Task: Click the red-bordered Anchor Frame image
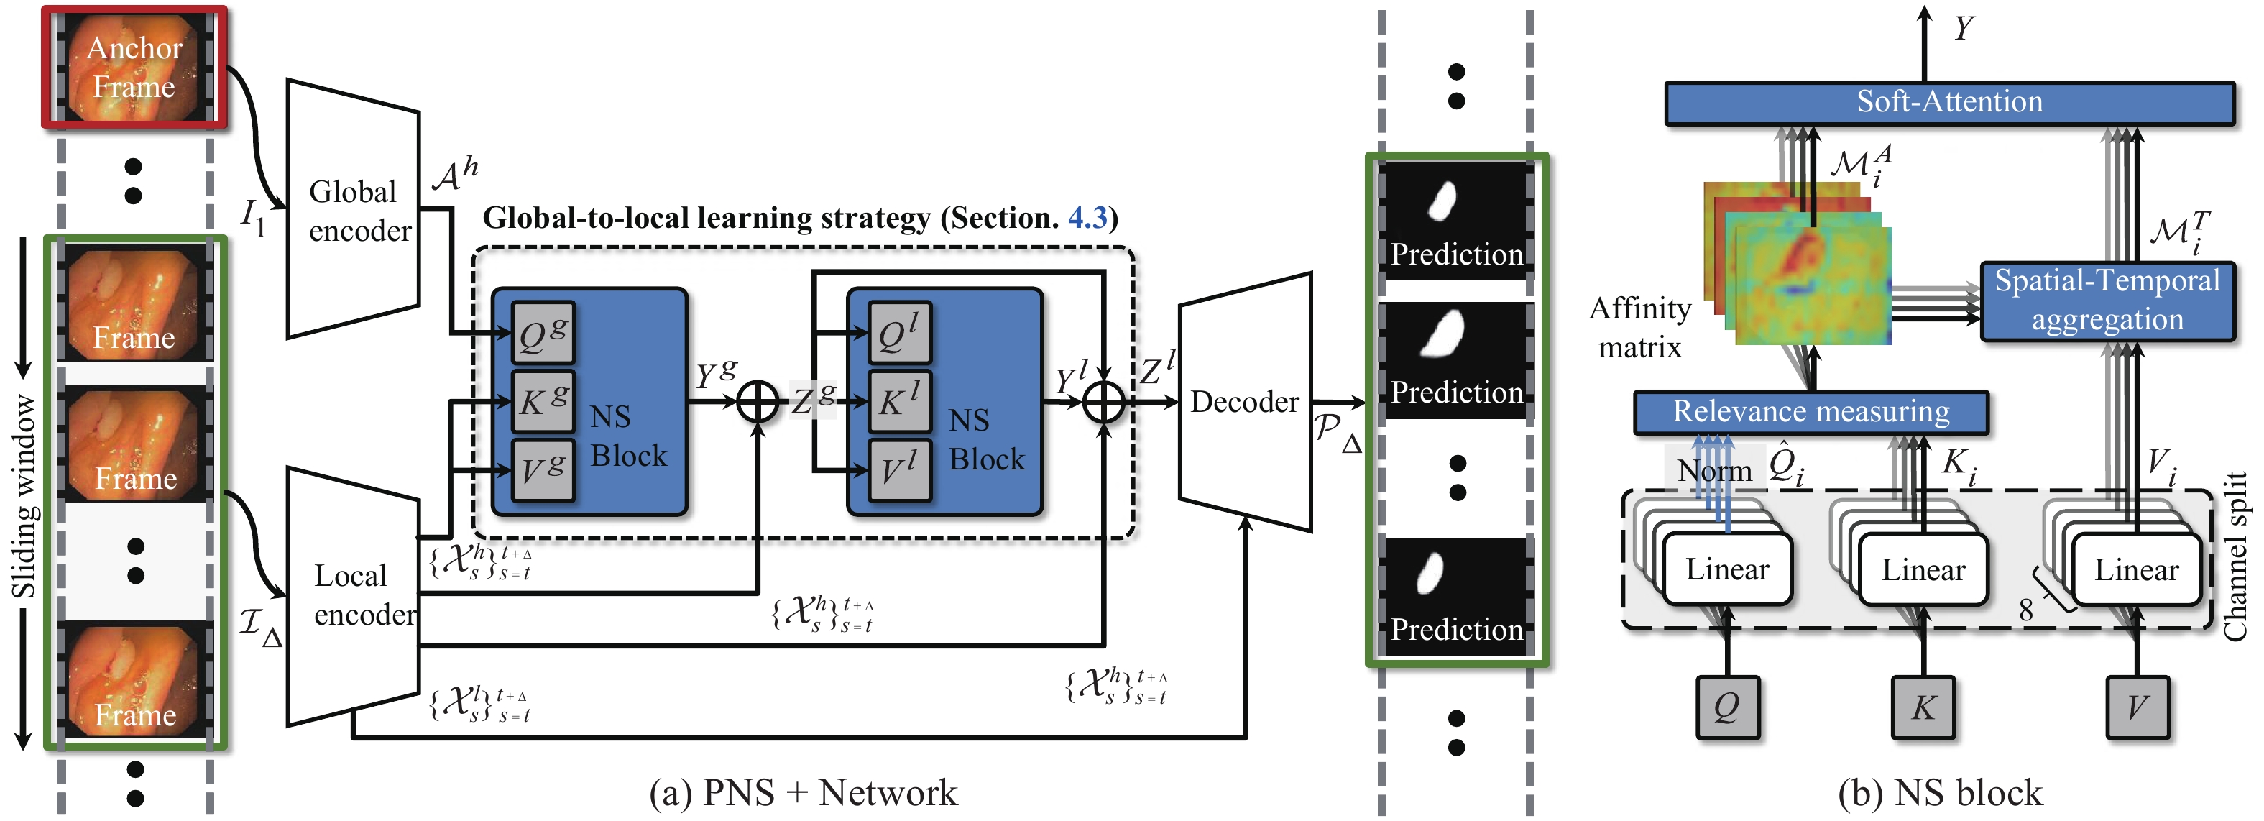134,68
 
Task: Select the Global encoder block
354,209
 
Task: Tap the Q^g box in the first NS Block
543,333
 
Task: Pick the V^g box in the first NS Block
543,469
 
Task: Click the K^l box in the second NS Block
899,401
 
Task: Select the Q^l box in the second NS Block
899,333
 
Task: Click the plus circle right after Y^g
757,402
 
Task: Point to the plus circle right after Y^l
1104,402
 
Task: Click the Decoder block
1245,402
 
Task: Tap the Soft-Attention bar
1948,103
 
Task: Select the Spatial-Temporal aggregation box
2107,301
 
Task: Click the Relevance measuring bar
1810,412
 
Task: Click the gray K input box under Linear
1923,707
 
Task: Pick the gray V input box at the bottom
2137,707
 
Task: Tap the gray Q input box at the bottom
1727,707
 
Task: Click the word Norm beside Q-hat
1714,470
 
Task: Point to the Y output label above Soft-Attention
1964,28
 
